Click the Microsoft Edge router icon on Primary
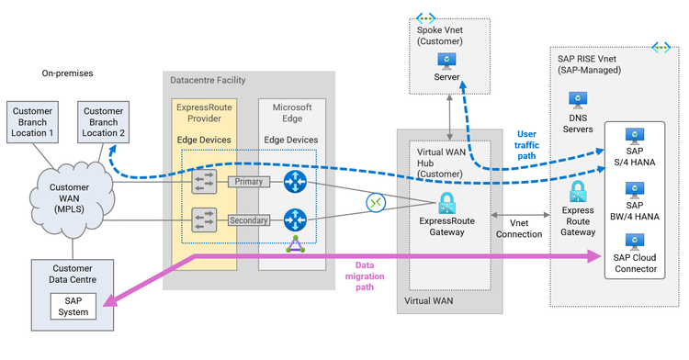(x=296, y=182)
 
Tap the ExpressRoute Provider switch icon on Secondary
(x=204, y=220)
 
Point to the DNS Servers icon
(x=578, y=97)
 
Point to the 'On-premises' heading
(x=68, y=72)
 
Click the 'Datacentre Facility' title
(x=214, y=81)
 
